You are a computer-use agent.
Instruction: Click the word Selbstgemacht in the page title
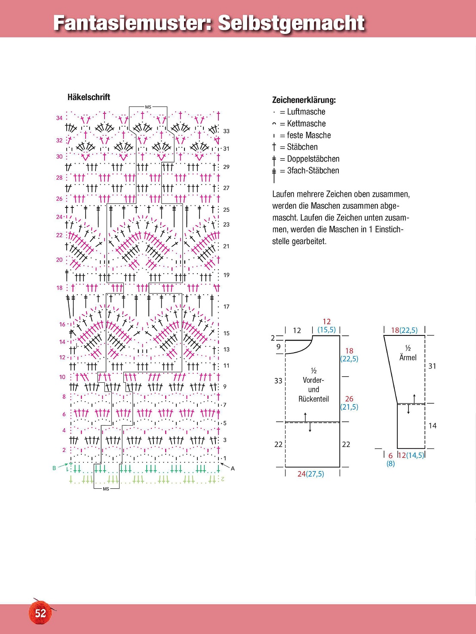click(x=291, y=23)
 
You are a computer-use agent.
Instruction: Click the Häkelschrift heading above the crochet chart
click(x=89, y=97)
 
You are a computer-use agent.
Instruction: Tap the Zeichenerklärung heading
click(x=304, y=100)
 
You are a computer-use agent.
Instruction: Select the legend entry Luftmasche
click(x=306, y=112)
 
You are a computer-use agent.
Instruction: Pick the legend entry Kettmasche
click(x=306, y=124)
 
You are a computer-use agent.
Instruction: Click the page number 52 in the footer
click(x=40, y=613)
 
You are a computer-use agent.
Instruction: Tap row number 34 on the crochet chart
click(x=59, y=118)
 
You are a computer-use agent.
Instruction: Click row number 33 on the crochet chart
click(x=226, y=131)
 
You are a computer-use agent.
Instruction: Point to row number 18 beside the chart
click(x=59, y=288)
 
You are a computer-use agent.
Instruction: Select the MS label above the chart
click(x=148, y=107)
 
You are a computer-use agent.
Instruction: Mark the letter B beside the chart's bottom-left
click(x=54, y=468)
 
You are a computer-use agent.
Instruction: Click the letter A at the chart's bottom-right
click(x=233, y=469)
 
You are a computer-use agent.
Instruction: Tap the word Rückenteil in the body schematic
click(x=313, y=399)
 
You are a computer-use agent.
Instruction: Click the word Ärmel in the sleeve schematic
click(x=408, y=357)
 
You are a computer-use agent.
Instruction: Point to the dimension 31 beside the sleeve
click(x=432, y=366)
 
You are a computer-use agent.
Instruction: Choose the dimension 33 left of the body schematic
click(x=278, y=381)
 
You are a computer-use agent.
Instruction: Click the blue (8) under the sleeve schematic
click(x=390, y=463)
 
